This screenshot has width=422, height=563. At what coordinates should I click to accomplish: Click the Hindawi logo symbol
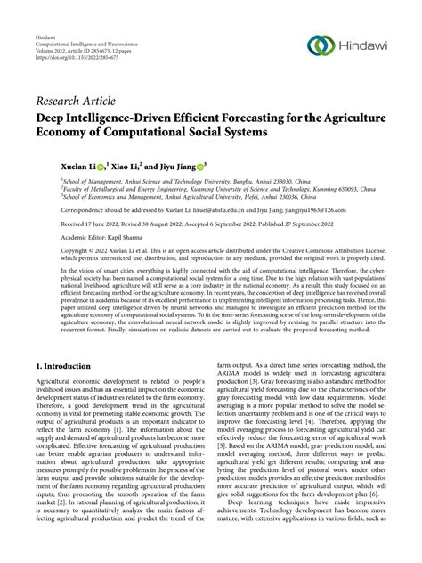(x=321, y=44)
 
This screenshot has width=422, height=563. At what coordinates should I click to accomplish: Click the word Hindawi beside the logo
(x=364, y=45)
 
